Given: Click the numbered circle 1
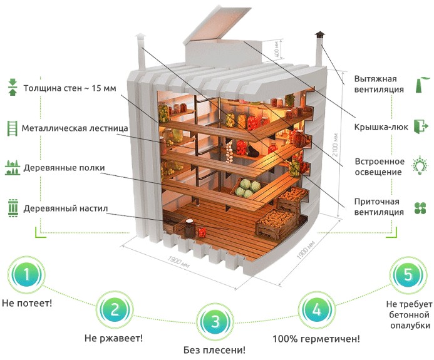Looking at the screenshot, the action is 26,275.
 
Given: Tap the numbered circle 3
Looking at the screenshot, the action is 215,322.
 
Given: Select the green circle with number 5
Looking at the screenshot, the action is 408,275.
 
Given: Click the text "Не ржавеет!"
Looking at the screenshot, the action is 114,338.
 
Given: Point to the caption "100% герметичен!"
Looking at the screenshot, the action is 316,339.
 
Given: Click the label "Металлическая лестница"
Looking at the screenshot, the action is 75,128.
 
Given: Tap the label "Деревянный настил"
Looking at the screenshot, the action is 66,208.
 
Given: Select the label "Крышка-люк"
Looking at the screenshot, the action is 381,127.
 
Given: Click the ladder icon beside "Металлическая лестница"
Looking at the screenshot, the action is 12,128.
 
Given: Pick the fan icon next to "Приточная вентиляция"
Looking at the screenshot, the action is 420,208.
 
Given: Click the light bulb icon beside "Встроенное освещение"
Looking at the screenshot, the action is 420,165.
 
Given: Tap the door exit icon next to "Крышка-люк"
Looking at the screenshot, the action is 421,126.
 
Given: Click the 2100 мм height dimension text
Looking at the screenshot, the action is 336,145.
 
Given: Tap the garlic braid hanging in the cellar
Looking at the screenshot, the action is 229,152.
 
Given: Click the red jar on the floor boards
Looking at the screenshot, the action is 202,232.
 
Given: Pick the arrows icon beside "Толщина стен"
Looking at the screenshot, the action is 13,87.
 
